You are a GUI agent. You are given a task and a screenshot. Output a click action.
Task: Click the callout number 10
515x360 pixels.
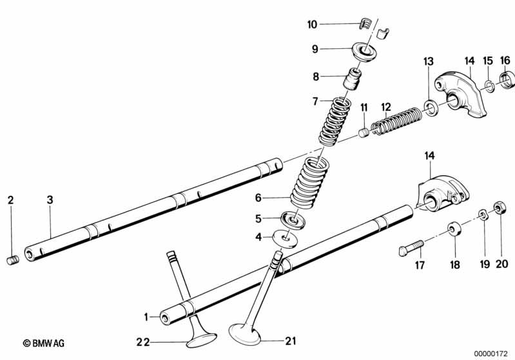313,24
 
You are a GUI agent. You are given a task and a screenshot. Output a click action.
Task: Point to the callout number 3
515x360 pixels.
50,200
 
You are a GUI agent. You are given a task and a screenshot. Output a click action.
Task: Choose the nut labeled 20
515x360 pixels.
498,207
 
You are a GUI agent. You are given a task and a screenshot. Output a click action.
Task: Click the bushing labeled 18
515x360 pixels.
454,229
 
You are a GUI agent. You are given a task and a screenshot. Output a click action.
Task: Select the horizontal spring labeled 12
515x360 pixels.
395,120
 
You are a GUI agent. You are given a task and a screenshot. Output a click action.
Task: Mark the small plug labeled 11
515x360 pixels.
364,132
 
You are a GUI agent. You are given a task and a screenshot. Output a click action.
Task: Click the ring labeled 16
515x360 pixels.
507,82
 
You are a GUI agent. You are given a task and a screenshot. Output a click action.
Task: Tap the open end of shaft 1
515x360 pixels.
166,317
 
